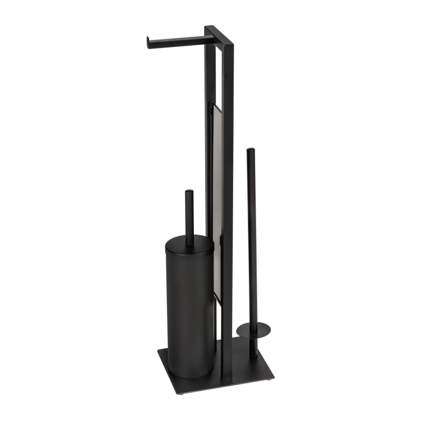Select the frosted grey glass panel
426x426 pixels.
click(217, 196)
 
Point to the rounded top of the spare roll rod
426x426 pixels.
click(251, 150)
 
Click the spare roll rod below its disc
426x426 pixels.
click(252, 346)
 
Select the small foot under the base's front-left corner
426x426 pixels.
click(181, 393)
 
